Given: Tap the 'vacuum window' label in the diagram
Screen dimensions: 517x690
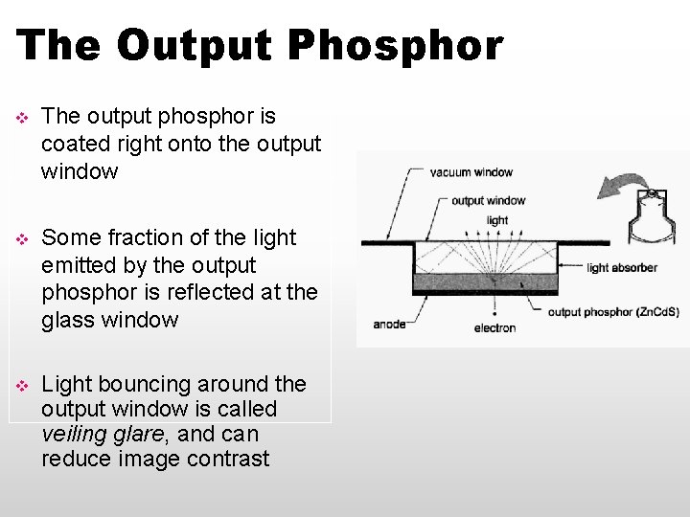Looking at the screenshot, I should point(471,172).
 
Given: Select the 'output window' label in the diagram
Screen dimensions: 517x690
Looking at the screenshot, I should point(488,201).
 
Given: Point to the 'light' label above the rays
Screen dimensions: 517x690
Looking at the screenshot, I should point(497,220).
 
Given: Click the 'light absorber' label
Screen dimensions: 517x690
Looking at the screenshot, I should point(622,268).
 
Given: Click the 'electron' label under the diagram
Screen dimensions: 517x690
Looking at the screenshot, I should point(494,327).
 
